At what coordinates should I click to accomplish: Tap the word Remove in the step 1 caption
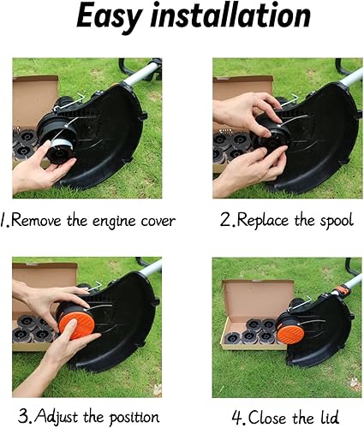[x=36, y=220]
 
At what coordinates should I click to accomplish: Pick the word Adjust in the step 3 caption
[x=57, y=417]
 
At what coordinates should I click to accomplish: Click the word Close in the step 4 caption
[x=266, y=418]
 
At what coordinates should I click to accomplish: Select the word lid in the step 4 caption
[x=328, y=417]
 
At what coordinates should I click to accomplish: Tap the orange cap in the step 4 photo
[x=291, y=332]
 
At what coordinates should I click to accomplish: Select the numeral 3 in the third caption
[x=24, y=417]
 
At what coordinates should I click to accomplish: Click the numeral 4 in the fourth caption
[x=237, y=418]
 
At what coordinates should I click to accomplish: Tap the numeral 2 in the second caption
[x=225, y=221]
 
